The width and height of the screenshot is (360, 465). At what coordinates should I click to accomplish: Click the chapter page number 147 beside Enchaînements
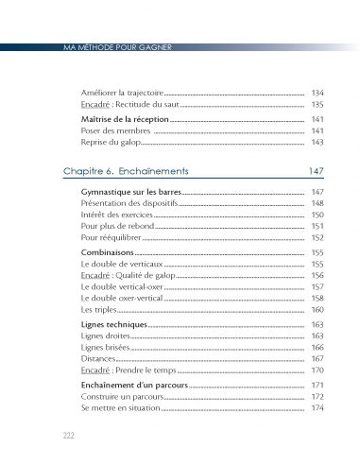click(316, 171)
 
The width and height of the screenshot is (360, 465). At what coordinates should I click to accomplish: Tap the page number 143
click(317, 142)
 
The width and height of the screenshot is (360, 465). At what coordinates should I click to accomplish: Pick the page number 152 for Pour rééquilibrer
click(317, 237)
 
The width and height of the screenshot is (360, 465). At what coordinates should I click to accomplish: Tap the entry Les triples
click(99, 309)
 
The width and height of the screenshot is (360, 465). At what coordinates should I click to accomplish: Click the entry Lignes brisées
click(106, 347)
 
